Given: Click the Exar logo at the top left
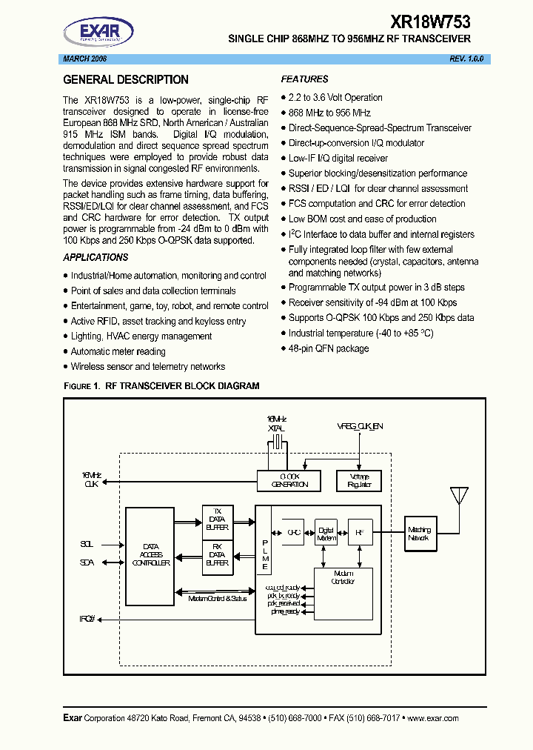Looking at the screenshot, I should click(x=98, y=33).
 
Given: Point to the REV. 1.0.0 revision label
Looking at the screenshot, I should click(x=466, y=59).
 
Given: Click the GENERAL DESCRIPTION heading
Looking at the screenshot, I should click(x=126, y=80).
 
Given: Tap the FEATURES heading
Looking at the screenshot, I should click(x=304, y=79).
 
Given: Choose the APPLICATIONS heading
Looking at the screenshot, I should click(x=95, y=257).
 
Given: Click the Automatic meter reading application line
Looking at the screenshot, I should click(x=118, y=351).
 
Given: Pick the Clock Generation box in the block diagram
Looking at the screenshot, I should click(x=289, y=480).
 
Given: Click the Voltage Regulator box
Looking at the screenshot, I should click(x=358, y=480).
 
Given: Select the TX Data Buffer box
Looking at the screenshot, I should click(x=217, y=520).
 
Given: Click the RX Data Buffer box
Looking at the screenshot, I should click(x=217, y=558).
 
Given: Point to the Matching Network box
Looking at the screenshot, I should click(x=418, y=533).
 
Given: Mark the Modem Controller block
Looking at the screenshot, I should click(x=343, y=579).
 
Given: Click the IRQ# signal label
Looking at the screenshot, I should click(x=88, y=619).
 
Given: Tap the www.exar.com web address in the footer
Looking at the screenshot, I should click(x=433, y=718).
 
